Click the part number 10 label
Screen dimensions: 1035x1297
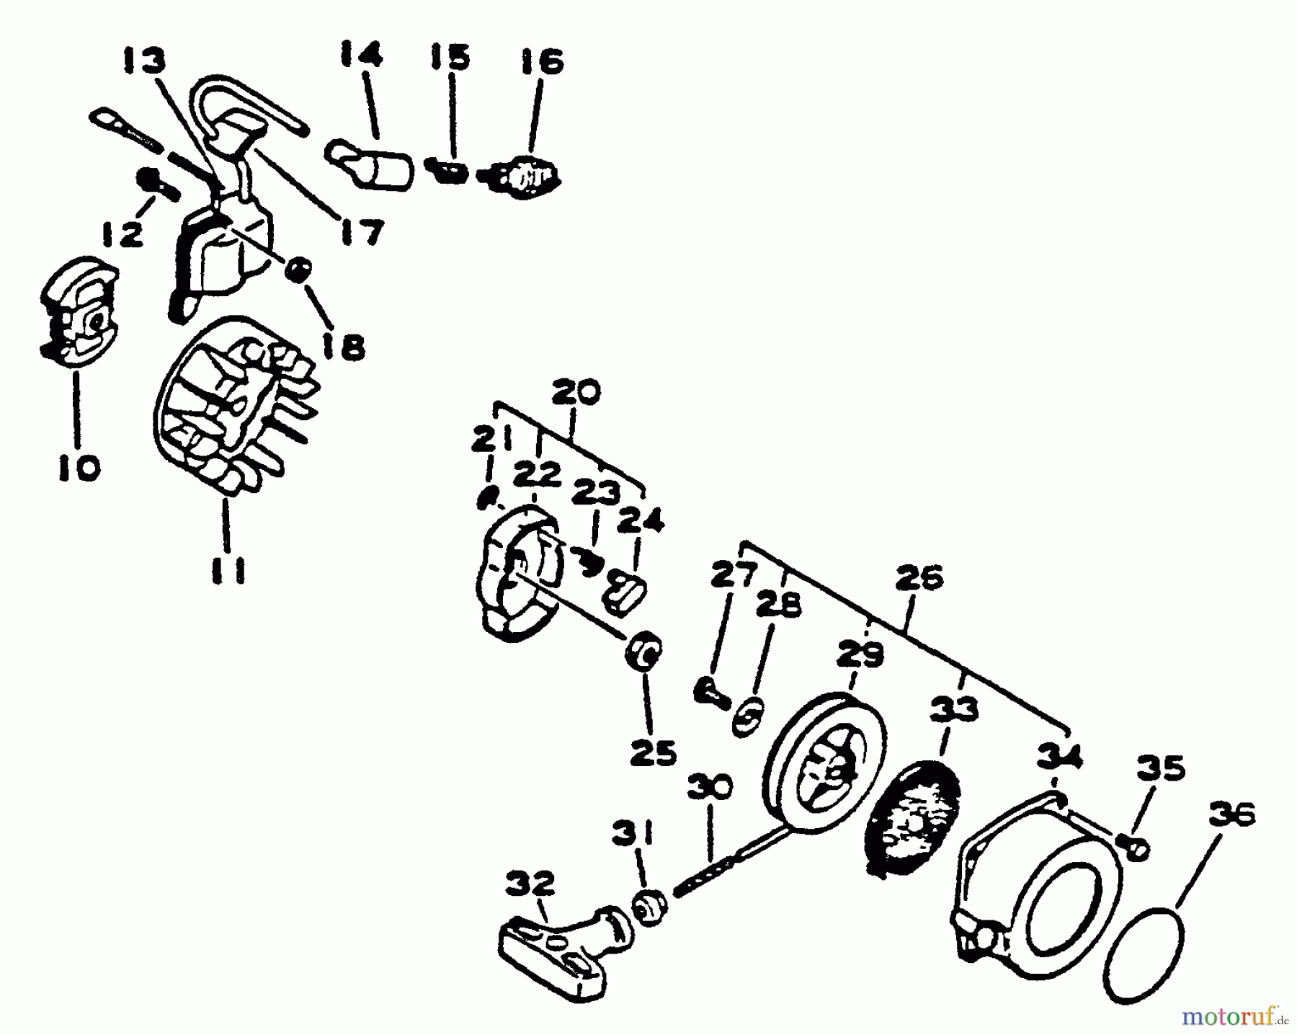coord(79,469)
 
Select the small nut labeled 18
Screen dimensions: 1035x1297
coord(298,272)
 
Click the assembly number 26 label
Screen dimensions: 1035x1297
coord(919,578)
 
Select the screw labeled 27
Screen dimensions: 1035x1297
coord(709,693)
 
